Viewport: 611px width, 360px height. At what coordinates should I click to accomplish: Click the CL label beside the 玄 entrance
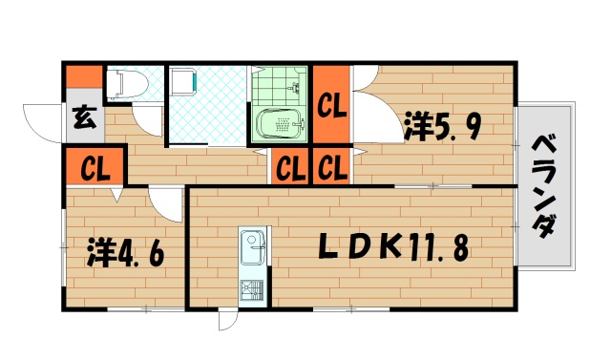[94, 169]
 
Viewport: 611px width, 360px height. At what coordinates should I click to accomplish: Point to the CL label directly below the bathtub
[290, 169]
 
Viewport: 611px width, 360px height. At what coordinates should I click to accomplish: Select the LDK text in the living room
[358, 247]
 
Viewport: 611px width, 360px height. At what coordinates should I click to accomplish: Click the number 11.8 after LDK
[440, 247]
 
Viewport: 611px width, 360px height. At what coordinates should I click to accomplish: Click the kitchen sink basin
[253, 251]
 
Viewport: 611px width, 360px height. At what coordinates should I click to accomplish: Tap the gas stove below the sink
[252, 287]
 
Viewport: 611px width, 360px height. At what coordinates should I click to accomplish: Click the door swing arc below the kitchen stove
[227, 320]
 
